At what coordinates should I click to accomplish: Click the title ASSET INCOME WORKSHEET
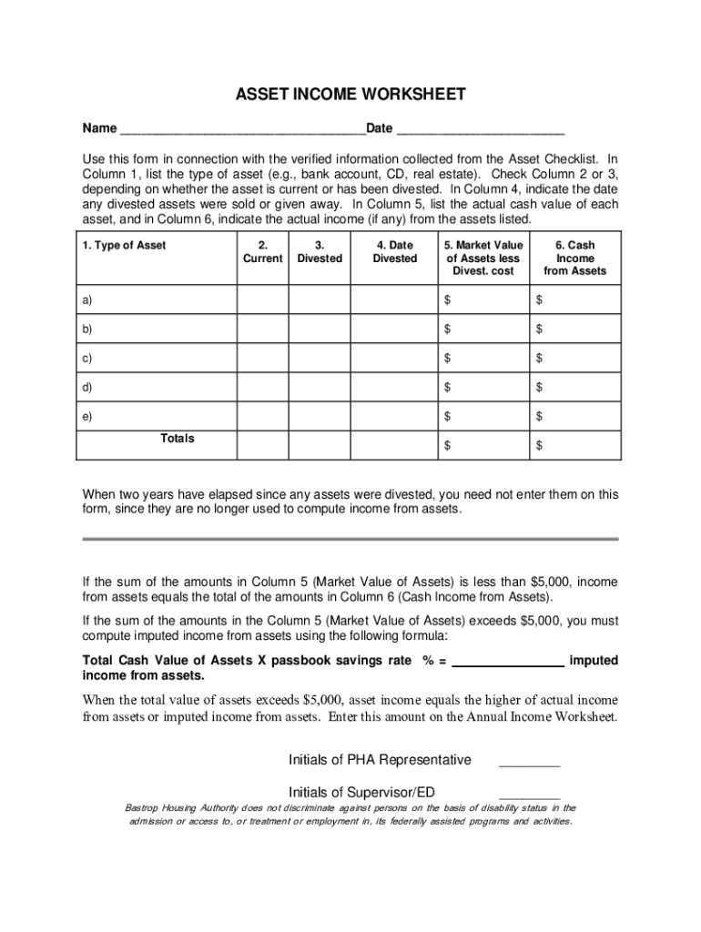(x=350, y=95)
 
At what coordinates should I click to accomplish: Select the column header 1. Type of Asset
(x=125, y=246)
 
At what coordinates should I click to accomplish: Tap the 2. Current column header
(x=262, y=252)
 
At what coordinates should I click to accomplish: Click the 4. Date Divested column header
(x=394, y=252)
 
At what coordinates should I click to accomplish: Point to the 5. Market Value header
(x=483, y=258)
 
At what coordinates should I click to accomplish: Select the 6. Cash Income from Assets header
(x=574, y=258)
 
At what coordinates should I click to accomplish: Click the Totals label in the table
(x=178, y=439)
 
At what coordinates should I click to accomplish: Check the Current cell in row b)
(x=262, y=329)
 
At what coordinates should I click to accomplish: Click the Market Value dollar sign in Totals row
(x=447, y=446)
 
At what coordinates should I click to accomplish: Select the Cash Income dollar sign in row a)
(x=539, y=299)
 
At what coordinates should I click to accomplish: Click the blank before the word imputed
(x=507, y=662)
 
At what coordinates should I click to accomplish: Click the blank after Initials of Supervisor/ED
(x=529, y=793)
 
